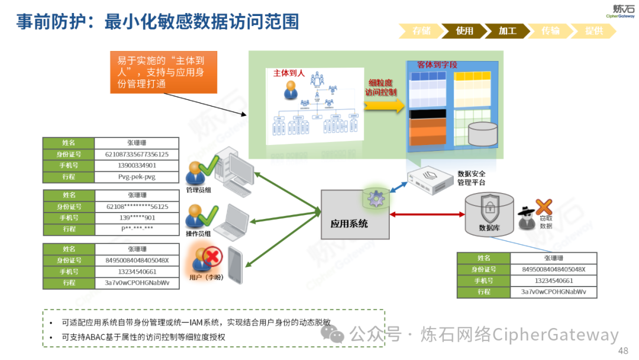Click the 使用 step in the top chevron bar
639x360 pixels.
coord(465,31)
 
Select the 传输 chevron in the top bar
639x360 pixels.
coord(550,31)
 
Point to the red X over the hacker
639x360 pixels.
coord(543,207)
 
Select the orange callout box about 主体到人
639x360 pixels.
coord(163,72)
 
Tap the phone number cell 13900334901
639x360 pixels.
coord(136,165)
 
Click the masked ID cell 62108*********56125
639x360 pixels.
coord(136,207)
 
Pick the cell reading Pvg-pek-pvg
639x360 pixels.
coord(136,176)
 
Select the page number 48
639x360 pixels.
coord(622,351)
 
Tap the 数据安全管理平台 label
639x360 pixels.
coord(471,178)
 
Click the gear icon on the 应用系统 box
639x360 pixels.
coord(375,198)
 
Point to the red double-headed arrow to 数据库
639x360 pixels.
coord(426,214)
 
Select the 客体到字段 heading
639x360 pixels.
coord(437,64)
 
